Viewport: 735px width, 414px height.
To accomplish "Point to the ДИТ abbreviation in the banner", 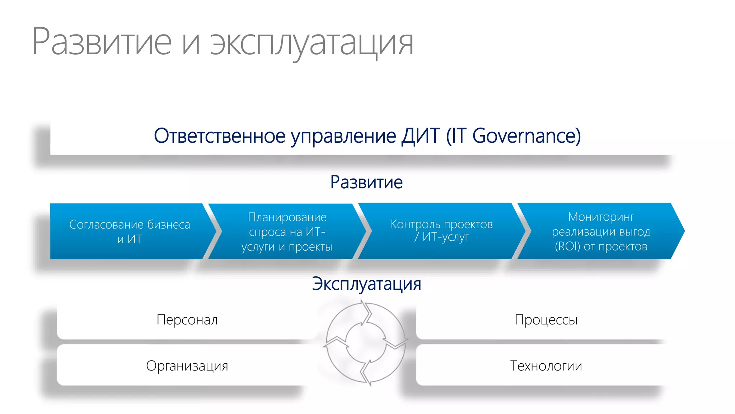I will click(421, 136).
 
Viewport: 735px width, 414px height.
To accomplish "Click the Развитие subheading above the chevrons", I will click(366, 182).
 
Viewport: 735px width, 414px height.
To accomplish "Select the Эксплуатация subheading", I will click(366, 284).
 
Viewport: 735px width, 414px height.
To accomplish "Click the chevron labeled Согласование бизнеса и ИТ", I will click(129, 231).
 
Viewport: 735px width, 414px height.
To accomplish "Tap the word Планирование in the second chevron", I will click(287, 217).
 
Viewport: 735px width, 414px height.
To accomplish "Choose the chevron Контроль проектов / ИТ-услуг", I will click(441, 231).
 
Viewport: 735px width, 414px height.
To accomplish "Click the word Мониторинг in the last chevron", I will click(601, 217).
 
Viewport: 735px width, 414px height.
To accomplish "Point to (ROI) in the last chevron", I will click(567, 247).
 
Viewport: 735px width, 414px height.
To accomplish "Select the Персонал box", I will click(187, 320).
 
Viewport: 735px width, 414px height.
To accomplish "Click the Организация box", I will click(187, 366).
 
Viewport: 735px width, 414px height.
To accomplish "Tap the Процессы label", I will click(546, 320).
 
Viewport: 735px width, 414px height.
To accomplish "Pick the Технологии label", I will click(546, 366).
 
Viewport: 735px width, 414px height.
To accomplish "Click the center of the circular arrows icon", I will click(366, 344).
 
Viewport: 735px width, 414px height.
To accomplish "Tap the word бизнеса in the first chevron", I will click(168, 225).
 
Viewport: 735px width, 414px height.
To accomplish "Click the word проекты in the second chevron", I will click(311, 247).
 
